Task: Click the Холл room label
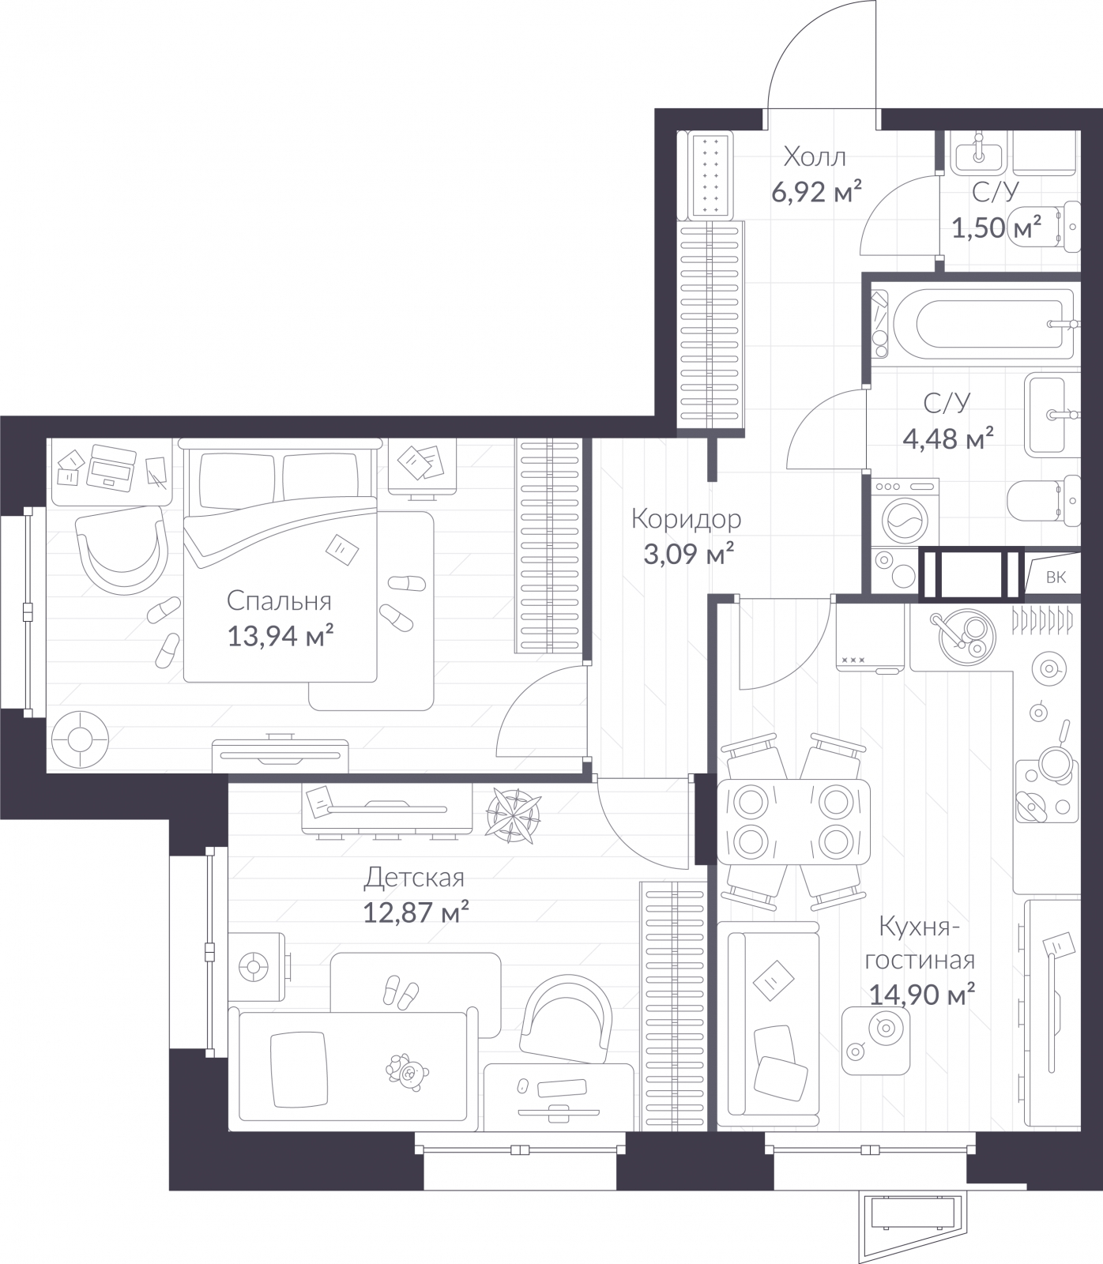814,157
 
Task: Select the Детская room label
414,878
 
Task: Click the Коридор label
686,519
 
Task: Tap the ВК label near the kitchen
1055,577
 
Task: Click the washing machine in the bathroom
905,513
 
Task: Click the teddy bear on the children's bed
407,1072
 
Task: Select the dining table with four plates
792,822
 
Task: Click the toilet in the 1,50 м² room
1043,227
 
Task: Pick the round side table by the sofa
875,1040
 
